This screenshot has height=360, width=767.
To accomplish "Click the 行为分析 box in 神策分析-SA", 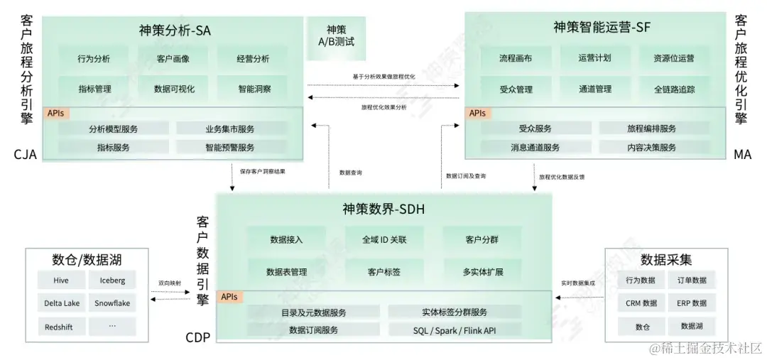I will pyautogui.click(x=94, y=59).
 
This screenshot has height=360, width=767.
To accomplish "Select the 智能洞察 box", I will pyautogui.click(x=254, y=89).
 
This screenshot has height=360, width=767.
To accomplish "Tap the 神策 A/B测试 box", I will pyautogui.click(x=336, y=36).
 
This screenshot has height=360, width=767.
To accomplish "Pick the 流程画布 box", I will pyautogui.click(x=516, y=58).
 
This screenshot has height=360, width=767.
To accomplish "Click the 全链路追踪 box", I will pyautogui.click(x=674, y=89).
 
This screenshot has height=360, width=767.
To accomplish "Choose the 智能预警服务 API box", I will pyautogui.click(x=230, y=148).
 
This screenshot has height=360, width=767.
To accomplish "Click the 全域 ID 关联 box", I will pyautogui.click(x=383, y=239).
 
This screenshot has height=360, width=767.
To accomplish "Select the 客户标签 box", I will pyautogui.click(x=383, y=272).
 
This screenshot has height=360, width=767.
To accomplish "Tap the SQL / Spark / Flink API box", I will pyautogui.click(x=455, y=330).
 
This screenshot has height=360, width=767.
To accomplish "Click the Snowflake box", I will pyautogui.click(x=112, y=303).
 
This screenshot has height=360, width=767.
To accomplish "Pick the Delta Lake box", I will pyautogui.click(x=62, y=303).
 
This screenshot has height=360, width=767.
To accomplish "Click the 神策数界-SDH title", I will pyautogui.click(x=383, y=209).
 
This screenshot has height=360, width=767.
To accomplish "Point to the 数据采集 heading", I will pyautogui.click(x=666, y=258).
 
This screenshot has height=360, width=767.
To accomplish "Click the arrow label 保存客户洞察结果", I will pyautogui.click(x=263, y=171).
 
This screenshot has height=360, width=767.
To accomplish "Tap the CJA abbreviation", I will pyautogui.click(x=24, y=154).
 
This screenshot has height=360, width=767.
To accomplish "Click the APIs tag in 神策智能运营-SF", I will pyautogui.click(x=477, y=113).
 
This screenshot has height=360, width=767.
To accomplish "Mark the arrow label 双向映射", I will pyautogui.click(x=170, y=283).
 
